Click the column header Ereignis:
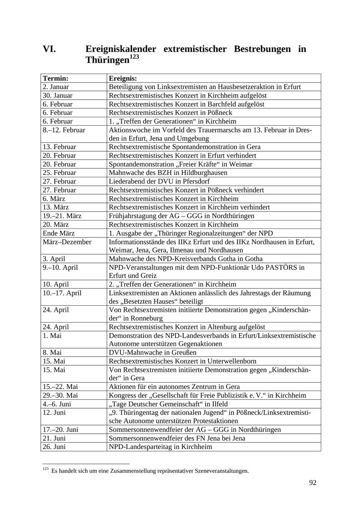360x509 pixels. point(123,78)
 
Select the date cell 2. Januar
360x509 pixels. point(56,87)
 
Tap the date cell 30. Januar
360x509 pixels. point(58,96)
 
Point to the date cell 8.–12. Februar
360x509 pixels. point(64,130)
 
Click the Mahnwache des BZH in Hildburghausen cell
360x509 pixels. point(168,173)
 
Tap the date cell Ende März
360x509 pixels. point(58,233)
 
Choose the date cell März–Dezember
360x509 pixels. point(67,242)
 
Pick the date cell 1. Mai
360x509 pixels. point(52,335)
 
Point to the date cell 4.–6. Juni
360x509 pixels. point(57,404)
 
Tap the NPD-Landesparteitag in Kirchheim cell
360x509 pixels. point(160,447)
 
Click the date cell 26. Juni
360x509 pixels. point(54,447)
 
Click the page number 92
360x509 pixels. point(312,483)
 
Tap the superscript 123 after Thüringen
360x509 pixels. point(134,57)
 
